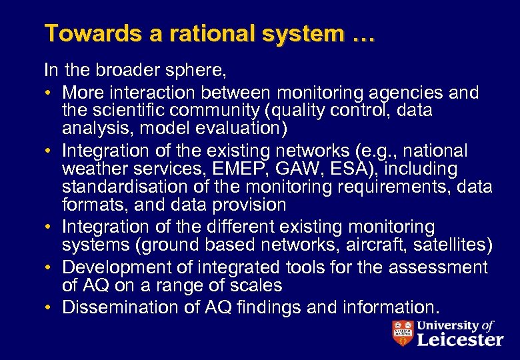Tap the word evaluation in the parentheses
(239, 127)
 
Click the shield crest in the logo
(403, 333)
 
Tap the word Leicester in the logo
(459, 340)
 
